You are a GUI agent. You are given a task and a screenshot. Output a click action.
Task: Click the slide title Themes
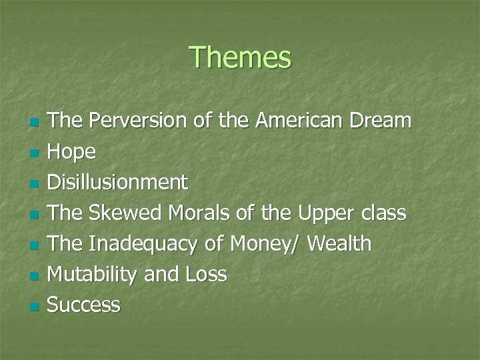[x=240, y=57]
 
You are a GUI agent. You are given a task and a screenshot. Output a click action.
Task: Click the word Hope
[x=72, y=153]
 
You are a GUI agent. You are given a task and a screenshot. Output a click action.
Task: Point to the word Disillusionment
[x=118, y=183]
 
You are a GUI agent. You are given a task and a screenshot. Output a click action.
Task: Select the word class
[x=382, y=213]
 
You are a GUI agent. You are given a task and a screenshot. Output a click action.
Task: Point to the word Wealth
[x=340, y=244]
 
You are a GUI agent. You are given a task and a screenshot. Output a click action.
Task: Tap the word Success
[x=84, y=305]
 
